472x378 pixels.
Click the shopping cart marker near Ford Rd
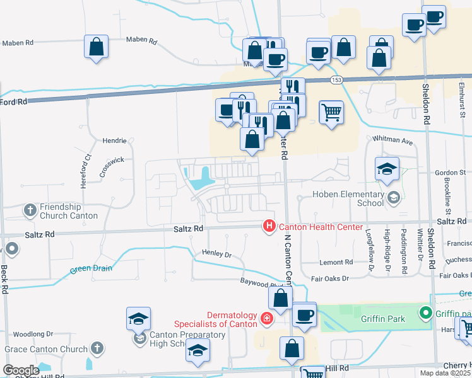331,113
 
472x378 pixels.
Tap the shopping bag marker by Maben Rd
97,47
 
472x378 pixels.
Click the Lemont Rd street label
336,262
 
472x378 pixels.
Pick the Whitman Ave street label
392,139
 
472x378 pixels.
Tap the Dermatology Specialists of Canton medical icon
268,319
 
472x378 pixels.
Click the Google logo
21,370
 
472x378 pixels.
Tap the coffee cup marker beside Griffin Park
304,314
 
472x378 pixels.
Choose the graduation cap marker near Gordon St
387,168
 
